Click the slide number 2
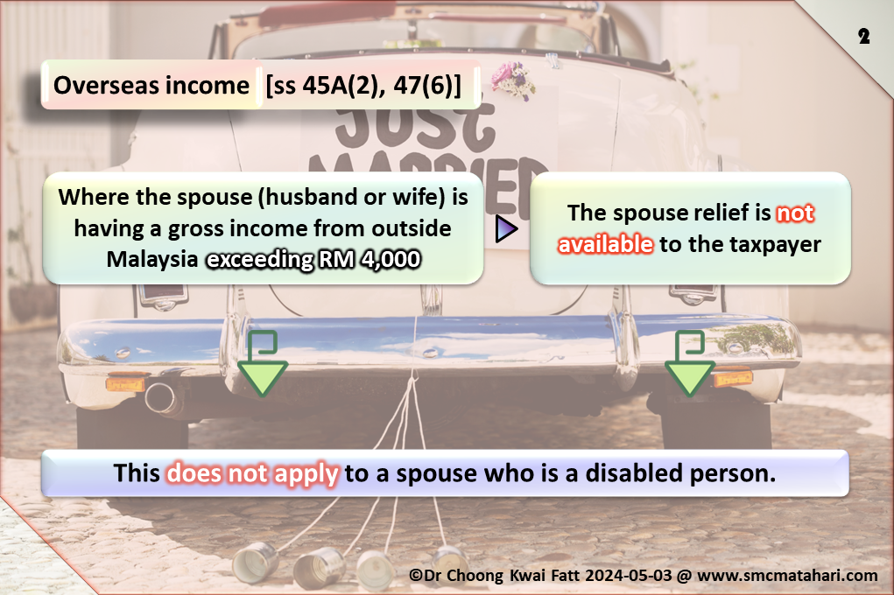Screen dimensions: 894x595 [863, 37]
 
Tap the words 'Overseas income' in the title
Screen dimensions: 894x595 [151, 86]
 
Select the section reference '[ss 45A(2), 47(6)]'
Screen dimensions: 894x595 [363, 86]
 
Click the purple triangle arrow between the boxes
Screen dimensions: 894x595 [506, 228]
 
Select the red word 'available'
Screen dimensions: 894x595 [606, 244]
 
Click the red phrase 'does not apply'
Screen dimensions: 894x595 [252, 474]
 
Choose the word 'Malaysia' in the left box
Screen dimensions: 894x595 [152, 260]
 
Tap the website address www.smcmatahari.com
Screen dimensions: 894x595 [787, 576]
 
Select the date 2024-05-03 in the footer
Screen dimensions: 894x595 [629, 575]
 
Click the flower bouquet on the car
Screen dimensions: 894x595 [513, 80]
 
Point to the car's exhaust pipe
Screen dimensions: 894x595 [161, 397]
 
